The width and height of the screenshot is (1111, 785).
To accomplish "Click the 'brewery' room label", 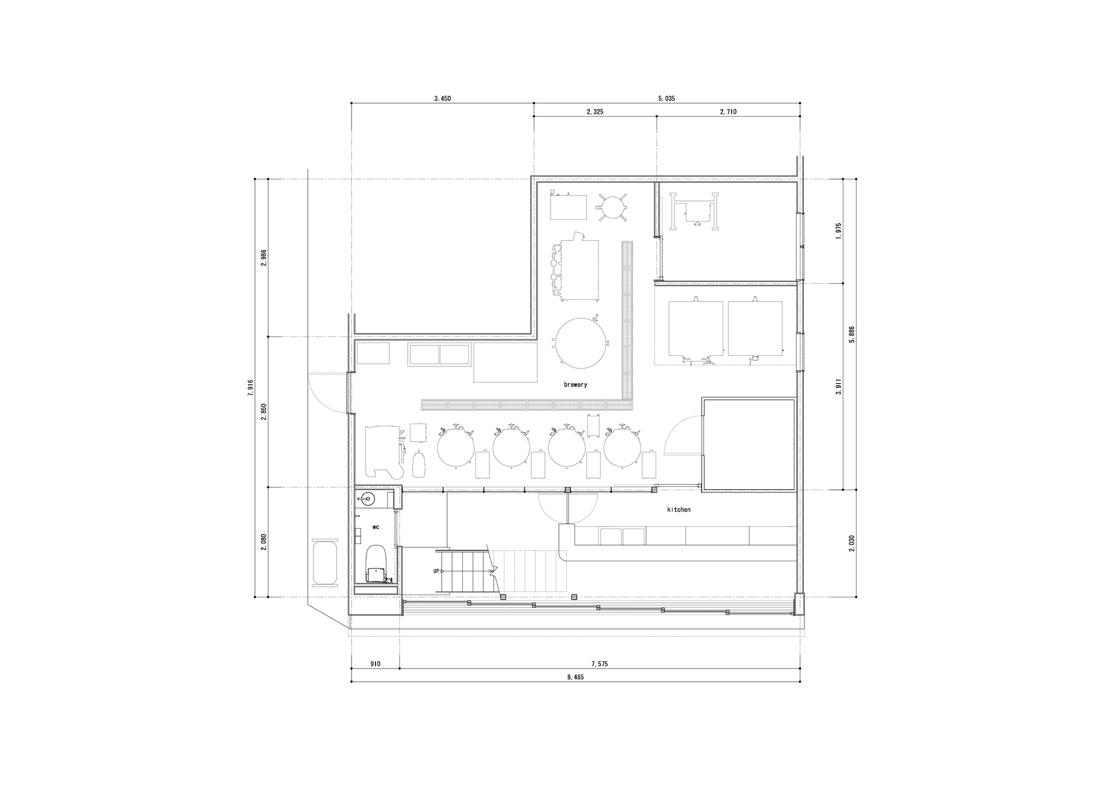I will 575,385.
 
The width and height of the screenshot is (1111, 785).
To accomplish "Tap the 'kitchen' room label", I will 679,510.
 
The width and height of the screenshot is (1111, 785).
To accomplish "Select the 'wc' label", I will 376,527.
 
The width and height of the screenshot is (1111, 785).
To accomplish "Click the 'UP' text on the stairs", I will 437,571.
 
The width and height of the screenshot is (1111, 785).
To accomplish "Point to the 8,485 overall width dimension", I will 575,677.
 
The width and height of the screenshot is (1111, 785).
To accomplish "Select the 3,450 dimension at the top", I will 442,98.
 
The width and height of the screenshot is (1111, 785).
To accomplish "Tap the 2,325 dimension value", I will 594,112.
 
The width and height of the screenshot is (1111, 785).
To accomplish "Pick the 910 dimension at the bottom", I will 375,664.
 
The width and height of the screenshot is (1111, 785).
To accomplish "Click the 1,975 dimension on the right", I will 839,230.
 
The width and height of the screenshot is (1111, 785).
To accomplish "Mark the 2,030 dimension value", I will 852,543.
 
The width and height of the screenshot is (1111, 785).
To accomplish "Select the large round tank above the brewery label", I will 579,343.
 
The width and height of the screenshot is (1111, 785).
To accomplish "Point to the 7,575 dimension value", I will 599,664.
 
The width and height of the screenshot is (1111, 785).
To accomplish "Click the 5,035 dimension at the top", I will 667,98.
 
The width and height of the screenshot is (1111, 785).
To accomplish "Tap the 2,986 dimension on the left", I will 263,258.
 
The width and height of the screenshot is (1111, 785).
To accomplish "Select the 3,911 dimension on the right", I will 839,388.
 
